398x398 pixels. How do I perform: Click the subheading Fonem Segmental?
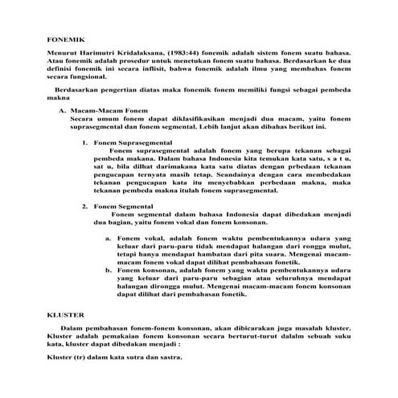(x=124, y=207)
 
